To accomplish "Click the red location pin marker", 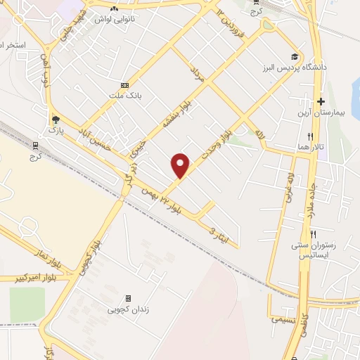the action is (181, 165).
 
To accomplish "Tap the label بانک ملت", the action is (124, 97).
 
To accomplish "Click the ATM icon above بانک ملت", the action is (124, 84).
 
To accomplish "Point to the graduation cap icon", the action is (295, 57).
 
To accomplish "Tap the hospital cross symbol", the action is (320, 102).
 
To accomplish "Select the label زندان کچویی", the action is (128, 309).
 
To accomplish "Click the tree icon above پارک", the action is (55, 120).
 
